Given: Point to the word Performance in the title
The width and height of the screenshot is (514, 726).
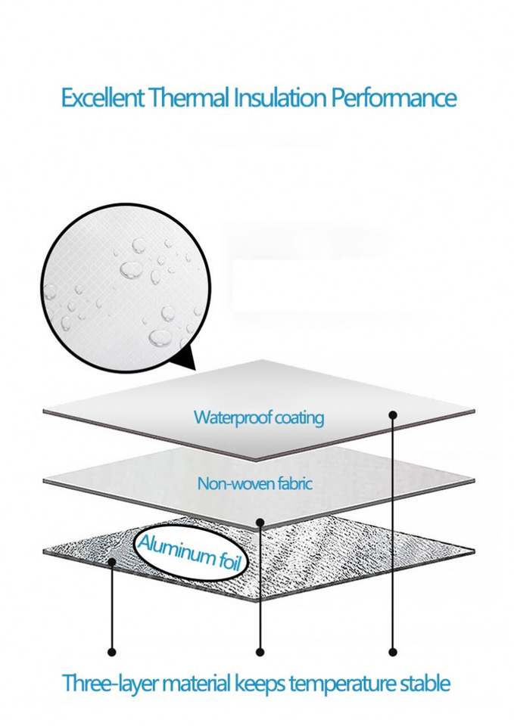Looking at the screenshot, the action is click(393, 98).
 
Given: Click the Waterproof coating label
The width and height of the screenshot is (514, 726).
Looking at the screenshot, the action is click(258, 417).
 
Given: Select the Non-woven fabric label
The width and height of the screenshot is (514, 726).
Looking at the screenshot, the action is click(254, 483).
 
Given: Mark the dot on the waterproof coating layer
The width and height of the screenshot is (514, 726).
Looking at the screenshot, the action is click(393, 415).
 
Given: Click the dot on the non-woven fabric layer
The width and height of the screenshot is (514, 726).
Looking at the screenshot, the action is click(260, 522).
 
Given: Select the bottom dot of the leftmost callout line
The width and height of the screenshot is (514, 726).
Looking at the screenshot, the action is click(112, 651).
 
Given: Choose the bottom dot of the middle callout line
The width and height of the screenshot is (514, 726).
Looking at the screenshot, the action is click(260, 651).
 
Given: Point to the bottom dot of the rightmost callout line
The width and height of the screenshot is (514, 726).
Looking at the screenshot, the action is click(393, 651).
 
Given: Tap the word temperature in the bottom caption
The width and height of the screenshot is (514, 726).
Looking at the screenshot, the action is click(340, 685).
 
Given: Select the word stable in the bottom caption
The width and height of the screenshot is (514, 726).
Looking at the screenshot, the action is click(423, 684).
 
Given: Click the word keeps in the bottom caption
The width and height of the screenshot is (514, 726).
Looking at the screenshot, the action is click(260, 685).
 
